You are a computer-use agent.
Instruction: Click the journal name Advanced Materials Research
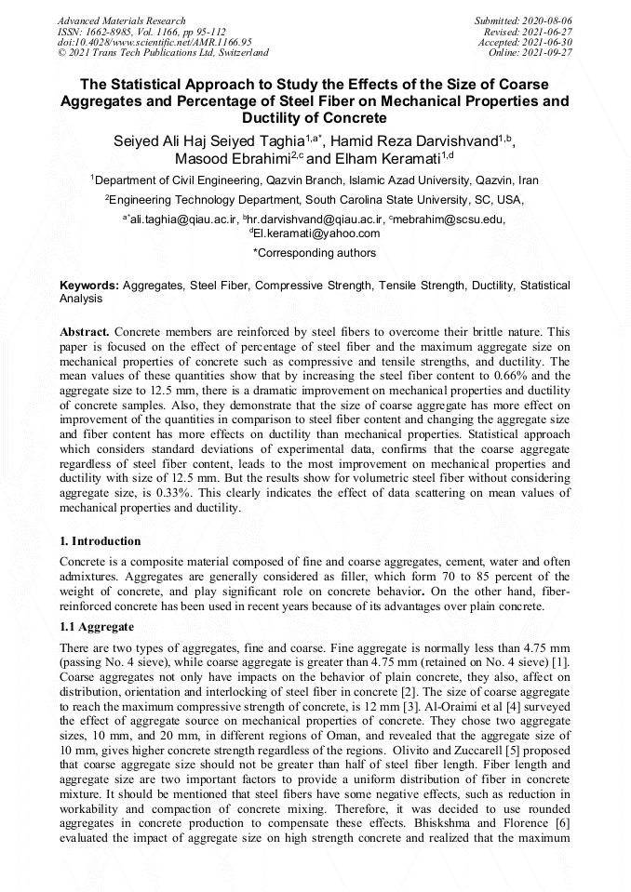[121, 20]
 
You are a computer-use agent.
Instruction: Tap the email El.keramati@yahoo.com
[316, 233]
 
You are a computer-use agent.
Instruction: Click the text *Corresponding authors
[315, 253]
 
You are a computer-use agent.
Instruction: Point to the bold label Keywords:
[89, 286]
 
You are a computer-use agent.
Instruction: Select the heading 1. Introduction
[101, 541]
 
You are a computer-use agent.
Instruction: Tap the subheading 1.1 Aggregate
[97, 627]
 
